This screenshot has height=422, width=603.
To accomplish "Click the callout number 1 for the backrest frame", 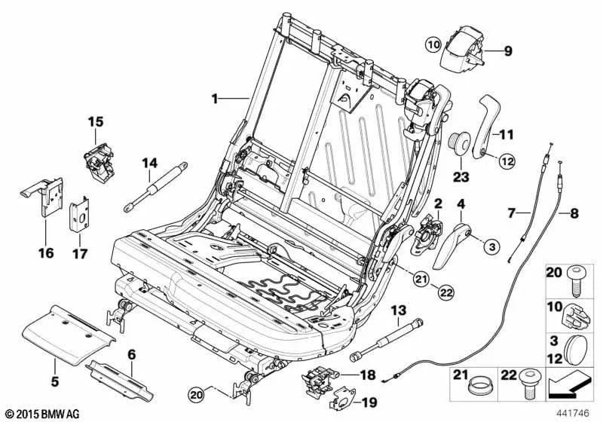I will (x=215, y=98).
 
